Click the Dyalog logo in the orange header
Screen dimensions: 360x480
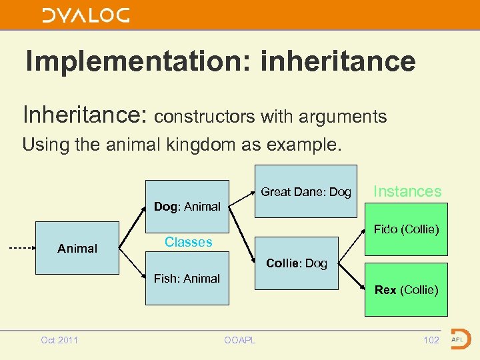click(x=86, y=15)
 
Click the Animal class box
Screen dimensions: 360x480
click(x=77, y=248)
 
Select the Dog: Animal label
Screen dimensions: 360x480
click(x=187, y=207)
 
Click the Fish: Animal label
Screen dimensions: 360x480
click(x=187, y=279)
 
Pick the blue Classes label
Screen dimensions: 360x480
click(x=188, y=242)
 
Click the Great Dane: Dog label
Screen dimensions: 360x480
click(x=306, y=192)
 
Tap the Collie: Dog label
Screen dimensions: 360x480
click(x=297, y=263)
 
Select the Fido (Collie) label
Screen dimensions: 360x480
click(x=406, y=229)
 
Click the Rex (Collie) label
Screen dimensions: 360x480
click(x=406, y=290)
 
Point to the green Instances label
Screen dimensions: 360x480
click(x=407, y=191)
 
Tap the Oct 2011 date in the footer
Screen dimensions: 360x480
click(x=59, y=340)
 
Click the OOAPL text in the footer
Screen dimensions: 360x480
click(x=239, y=340)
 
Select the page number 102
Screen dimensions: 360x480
click(x=431, y=340)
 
